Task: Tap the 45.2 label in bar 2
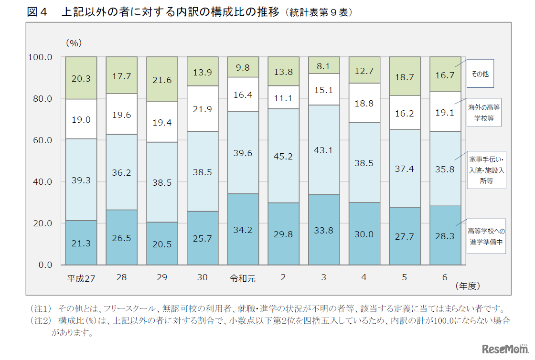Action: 283,156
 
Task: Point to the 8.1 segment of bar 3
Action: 324,67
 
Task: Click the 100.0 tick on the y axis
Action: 40,57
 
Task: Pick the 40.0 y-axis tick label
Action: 43,181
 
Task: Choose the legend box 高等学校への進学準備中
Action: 486,236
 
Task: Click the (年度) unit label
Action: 467,286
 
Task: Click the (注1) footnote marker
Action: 40,309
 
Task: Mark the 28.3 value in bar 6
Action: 445,244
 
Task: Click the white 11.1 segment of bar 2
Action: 283,98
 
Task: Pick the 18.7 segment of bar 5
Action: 405,77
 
